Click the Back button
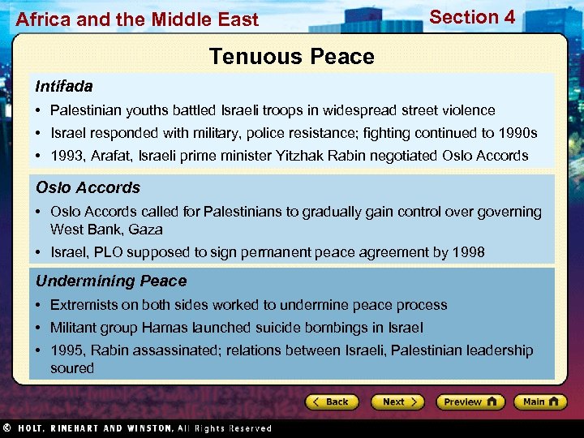click(x=333, y=401)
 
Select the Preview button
click(x=470, y=401)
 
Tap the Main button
click(x=539, y=401)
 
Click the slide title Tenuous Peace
click(x=291, y=57)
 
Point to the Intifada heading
click(x=64, y=86)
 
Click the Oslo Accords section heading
click(x=88, y=187)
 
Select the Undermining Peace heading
click(x=111, y=281)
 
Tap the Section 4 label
click(x=472, y=17)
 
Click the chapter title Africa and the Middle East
click(x=137, y=19)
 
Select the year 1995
click(x=67, y=350)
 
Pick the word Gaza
click(x=145, y=230)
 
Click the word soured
click(x=72, y=368)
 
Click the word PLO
click(x=107, y=252)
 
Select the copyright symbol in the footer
click(x=6, y=428)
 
